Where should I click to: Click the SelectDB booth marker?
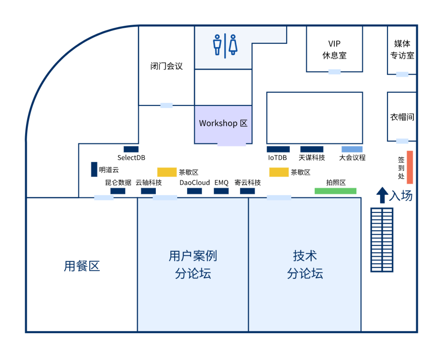click(131, 149)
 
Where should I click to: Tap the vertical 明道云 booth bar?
click(94, 169)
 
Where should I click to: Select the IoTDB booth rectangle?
click(278, 149)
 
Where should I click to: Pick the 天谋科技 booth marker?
click(312, 149)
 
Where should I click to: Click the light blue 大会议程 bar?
click(352, 149)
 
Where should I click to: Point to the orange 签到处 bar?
click(409, 167)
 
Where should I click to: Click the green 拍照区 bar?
click(335, 191)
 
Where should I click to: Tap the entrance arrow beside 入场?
click(382, 195)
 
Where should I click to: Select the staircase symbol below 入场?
click(382, 240)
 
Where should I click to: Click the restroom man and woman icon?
click(225, 45)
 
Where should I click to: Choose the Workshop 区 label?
click(223, 123)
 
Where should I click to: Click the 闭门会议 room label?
click(166, 66)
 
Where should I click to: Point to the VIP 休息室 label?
click(334, 49)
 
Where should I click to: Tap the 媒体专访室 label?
click(402, 49)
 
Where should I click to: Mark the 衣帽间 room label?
click(402, 117)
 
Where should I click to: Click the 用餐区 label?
click(82, 266)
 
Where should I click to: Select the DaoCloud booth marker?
click(194, 191)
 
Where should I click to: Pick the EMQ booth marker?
click(221, 191)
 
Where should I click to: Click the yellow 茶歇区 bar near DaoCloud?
click(167, 172)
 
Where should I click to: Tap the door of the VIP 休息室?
click(334, 72)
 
